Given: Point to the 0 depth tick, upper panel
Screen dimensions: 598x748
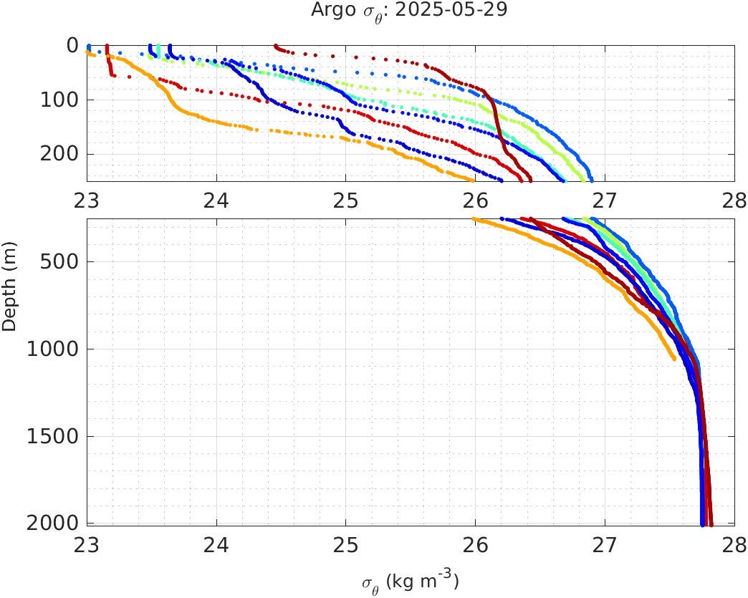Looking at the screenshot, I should pyautogui.click(x=72, y=45).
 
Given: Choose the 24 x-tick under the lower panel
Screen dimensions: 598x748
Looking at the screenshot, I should pyautogui.click(x=216, y=545).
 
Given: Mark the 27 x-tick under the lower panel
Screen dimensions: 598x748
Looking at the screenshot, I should pyautogui.click(x=605, y=545).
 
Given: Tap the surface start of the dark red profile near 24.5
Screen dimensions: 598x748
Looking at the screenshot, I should pyautogui.click(x=276, y=46).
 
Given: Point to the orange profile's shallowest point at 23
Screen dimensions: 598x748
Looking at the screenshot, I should pyautogui.click(x=88, y=52).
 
